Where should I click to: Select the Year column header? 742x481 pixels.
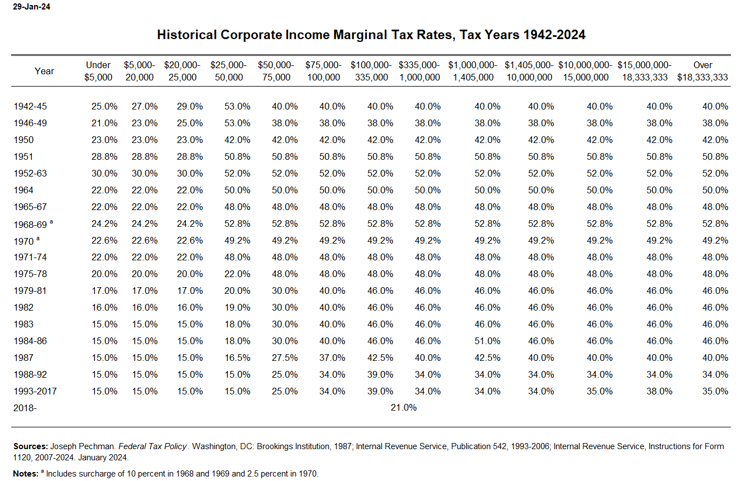44,71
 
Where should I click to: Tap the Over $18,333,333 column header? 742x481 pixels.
702,71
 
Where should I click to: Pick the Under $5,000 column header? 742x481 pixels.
98,71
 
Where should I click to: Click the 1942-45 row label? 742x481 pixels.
31,106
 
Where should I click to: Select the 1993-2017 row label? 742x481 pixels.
35,391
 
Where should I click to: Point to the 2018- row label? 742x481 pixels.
25,408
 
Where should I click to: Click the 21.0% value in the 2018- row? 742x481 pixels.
403,408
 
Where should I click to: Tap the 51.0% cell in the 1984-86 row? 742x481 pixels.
487,341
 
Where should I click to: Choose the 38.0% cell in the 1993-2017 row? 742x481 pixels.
655,391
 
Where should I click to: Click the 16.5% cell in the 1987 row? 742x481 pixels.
237,358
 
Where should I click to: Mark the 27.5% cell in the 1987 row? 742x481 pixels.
285,358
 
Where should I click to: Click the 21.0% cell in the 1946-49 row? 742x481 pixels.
104,123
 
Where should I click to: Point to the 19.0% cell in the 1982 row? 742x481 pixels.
237,307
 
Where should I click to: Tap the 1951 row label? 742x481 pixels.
23,156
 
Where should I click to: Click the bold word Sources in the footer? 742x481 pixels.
30,446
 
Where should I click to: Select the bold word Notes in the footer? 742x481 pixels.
26,474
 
